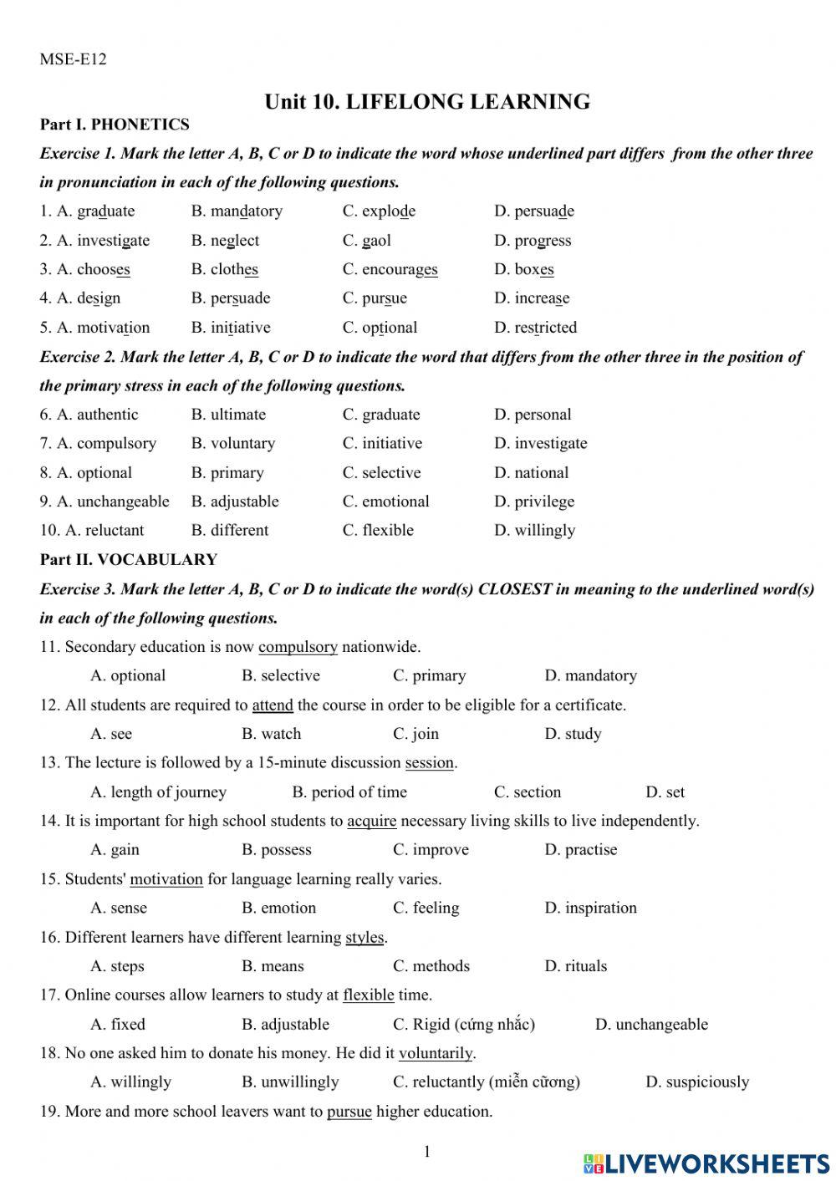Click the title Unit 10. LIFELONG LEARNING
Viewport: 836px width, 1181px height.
(427, 102)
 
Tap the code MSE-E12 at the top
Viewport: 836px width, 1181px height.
(73, 59)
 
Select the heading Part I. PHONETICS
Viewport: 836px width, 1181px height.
(115, 125)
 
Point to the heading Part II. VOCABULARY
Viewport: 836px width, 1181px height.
(128, 559)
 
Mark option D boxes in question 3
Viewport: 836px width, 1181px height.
(523, 270)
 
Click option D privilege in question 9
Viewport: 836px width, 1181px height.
(534, 501)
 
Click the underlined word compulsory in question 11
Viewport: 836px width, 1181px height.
(298, 647)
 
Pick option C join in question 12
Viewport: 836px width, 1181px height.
(415, 734)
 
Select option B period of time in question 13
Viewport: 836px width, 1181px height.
(349, 792)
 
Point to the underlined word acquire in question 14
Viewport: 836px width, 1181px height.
(371, 822)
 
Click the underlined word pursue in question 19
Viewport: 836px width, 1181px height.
(349, 1112)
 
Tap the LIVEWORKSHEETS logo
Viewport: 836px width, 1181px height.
(706, 1163)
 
